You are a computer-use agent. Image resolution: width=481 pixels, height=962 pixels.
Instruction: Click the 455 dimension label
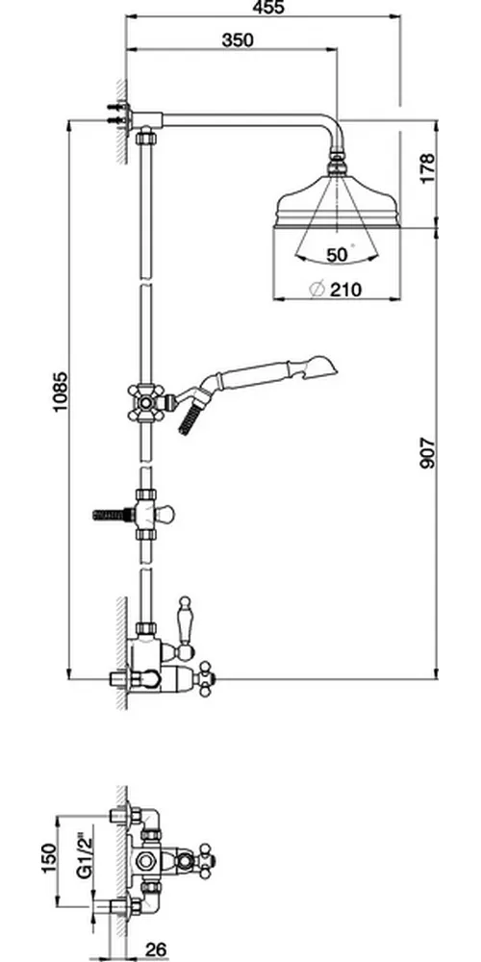[267, 8]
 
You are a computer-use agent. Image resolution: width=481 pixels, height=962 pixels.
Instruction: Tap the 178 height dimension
[427, 167]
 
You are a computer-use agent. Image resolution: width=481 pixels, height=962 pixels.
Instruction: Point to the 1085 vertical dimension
[60, 392]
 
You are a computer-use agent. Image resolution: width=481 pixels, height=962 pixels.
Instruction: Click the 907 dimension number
[427, 453]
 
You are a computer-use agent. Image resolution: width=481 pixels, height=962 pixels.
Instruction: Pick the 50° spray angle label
[339, 255]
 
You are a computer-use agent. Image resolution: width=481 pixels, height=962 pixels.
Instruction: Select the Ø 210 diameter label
[336, 289]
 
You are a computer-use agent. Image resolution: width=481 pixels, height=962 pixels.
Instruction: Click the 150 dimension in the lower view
[50, 857]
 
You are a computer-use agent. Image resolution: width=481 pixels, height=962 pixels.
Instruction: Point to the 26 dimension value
[156, 949]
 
